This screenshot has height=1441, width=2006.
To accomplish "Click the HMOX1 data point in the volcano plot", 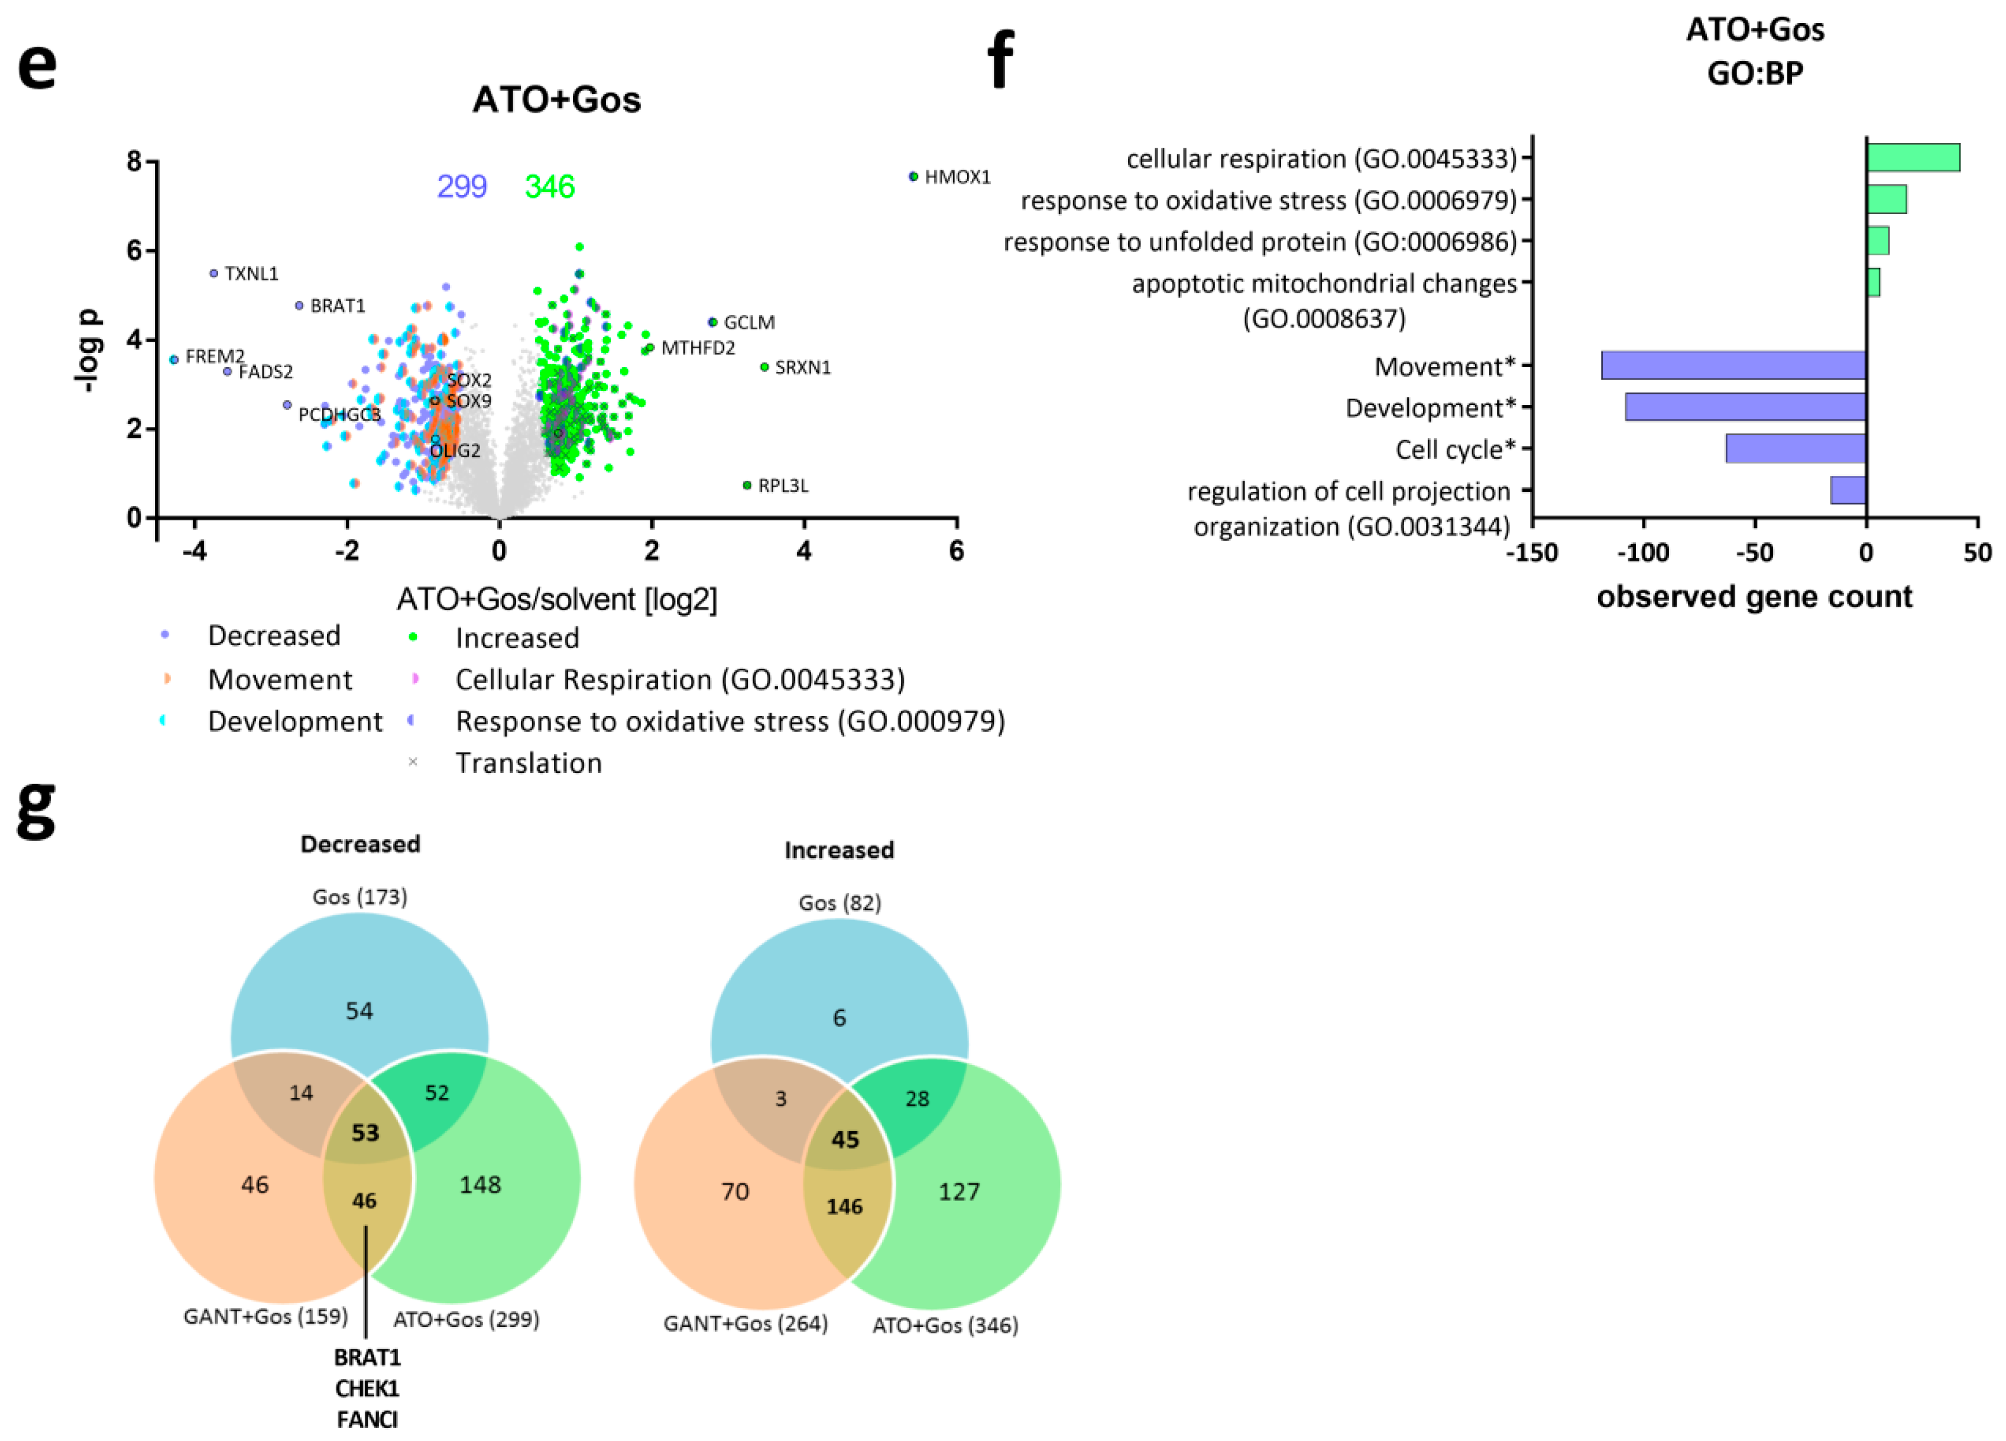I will tap(913, 177).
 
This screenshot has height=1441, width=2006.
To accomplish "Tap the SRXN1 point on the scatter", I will tap(764, 367).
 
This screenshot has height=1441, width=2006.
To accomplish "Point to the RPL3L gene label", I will tap(783, 485).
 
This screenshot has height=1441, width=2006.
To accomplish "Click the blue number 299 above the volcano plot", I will tap(462, 187).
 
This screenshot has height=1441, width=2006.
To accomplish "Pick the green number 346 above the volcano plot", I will tap(549, 187).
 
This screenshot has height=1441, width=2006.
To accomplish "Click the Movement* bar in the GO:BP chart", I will tap(1733, 365).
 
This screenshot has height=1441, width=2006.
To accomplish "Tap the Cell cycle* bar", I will tap(1796, 448).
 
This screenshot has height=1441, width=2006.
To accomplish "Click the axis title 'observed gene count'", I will tap(1754, 597).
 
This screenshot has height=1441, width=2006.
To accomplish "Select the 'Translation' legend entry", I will tap(528, 763).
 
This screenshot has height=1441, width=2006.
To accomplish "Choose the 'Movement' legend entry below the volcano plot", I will tap(280, 679).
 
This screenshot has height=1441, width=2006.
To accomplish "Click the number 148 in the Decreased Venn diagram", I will tap(480, 1184).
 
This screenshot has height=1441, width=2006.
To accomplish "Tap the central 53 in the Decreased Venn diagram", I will tap(365, 1132).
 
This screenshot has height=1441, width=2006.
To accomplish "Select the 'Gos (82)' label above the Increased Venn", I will tap(840, 903).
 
